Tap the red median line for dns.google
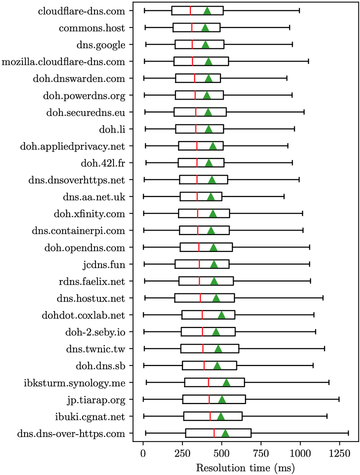pyautogui.click(x=192, y=44)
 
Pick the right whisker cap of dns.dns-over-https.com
pyautogui.click(x=348, y=433)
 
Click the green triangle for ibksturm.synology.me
pyautogui.click(x=226, y=382)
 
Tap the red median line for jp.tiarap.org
pyautogui.click(x=209, y=399)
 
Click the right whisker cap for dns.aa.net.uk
pyautogui.click(x=284, y=197)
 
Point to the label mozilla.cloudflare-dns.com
pyautogui.click(x=63, y=61)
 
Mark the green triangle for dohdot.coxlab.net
pyautogui.click(x=221, y=315)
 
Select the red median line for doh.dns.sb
pyautogui.click(x=204, y=365)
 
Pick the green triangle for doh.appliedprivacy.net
pyautogui.click(x=213, y=146)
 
